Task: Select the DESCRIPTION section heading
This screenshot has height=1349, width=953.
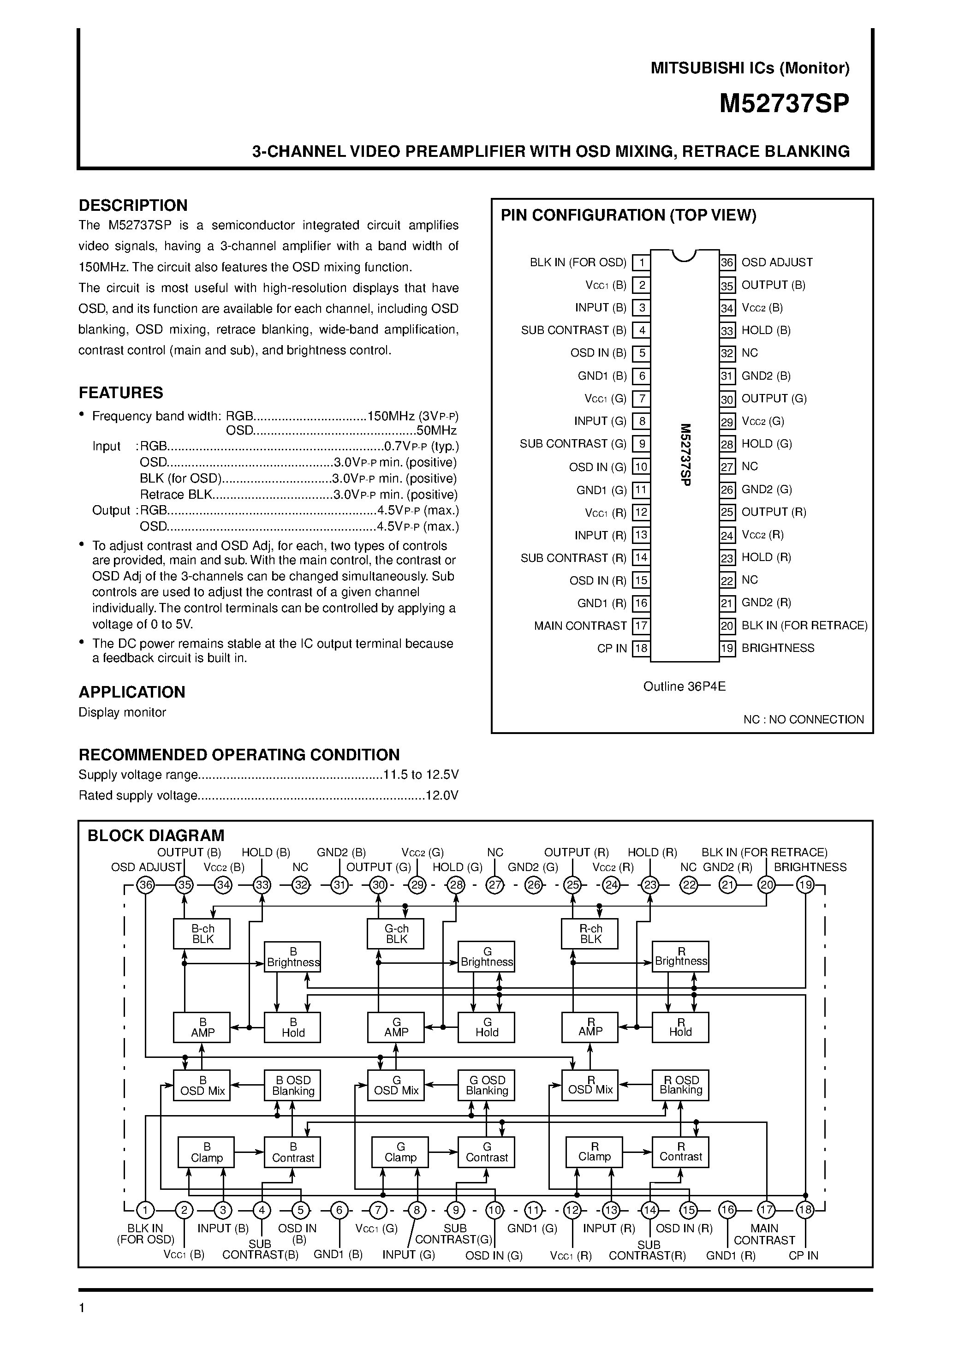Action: coord(133,206)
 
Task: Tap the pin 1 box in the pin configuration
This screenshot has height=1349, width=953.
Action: coord(642,263)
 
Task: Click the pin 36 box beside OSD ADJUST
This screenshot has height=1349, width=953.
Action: coord(727,263)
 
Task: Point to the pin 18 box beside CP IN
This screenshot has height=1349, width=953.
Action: coord(641,649)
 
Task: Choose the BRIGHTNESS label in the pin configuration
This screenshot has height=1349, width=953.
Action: coord(778,648)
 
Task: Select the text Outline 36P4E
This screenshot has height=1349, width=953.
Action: coord(685,686)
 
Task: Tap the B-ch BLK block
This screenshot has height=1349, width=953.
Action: coord(202,934)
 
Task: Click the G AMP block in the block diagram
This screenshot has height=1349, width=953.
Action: coord(396,1027)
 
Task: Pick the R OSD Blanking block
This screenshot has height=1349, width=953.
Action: coord(680,1085)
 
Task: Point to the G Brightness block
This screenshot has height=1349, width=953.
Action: coord(487,956)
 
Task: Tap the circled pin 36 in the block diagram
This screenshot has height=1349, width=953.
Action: coord(145,885)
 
